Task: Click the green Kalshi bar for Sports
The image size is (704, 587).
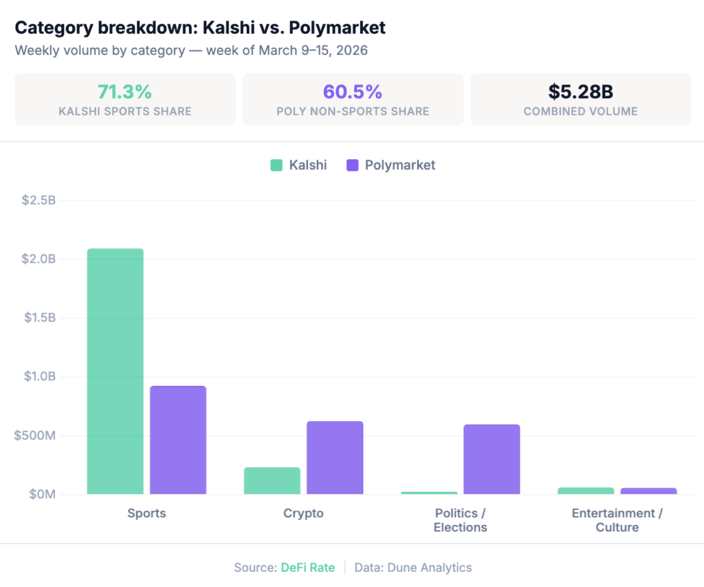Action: click(x=115, y=371)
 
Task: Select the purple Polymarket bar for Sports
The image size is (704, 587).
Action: click(x=178, y=440)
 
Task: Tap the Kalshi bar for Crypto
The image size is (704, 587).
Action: click(x=272, y=480)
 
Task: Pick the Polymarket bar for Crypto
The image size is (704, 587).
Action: click(x=335, y=457)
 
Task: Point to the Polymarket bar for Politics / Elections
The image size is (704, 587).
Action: click(x=492, y=459)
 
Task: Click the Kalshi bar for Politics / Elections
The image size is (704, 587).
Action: click(x=429, y=493)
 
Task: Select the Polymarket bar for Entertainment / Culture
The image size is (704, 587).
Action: click(x=648, y=491)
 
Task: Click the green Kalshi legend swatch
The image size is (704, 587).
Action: click(x=276, y=165)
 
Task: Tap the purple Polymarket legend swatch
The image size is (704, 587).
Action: click(x=353, y=165)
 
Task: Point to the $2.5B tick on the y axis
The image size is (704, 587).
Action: click(x=38, y=200)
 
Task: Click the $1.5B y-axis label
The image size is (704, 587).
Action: click(x=38, y=318)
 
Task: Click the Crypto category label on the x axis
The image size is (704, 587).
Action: click(x=303, y=513)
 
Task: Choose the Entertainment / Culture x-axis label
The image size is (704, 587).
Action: click(x=617, y=520)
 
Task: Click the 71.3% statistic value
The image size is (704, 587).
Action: click(x=124, y=92)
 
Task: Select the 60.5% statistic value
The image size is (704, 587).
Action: click(x=353, y=92)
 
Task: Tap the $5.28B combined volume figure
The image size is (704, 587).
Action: click(x=580, y=92)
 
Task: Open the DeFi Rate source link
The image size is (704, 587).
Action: click(x=307, y=568)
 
